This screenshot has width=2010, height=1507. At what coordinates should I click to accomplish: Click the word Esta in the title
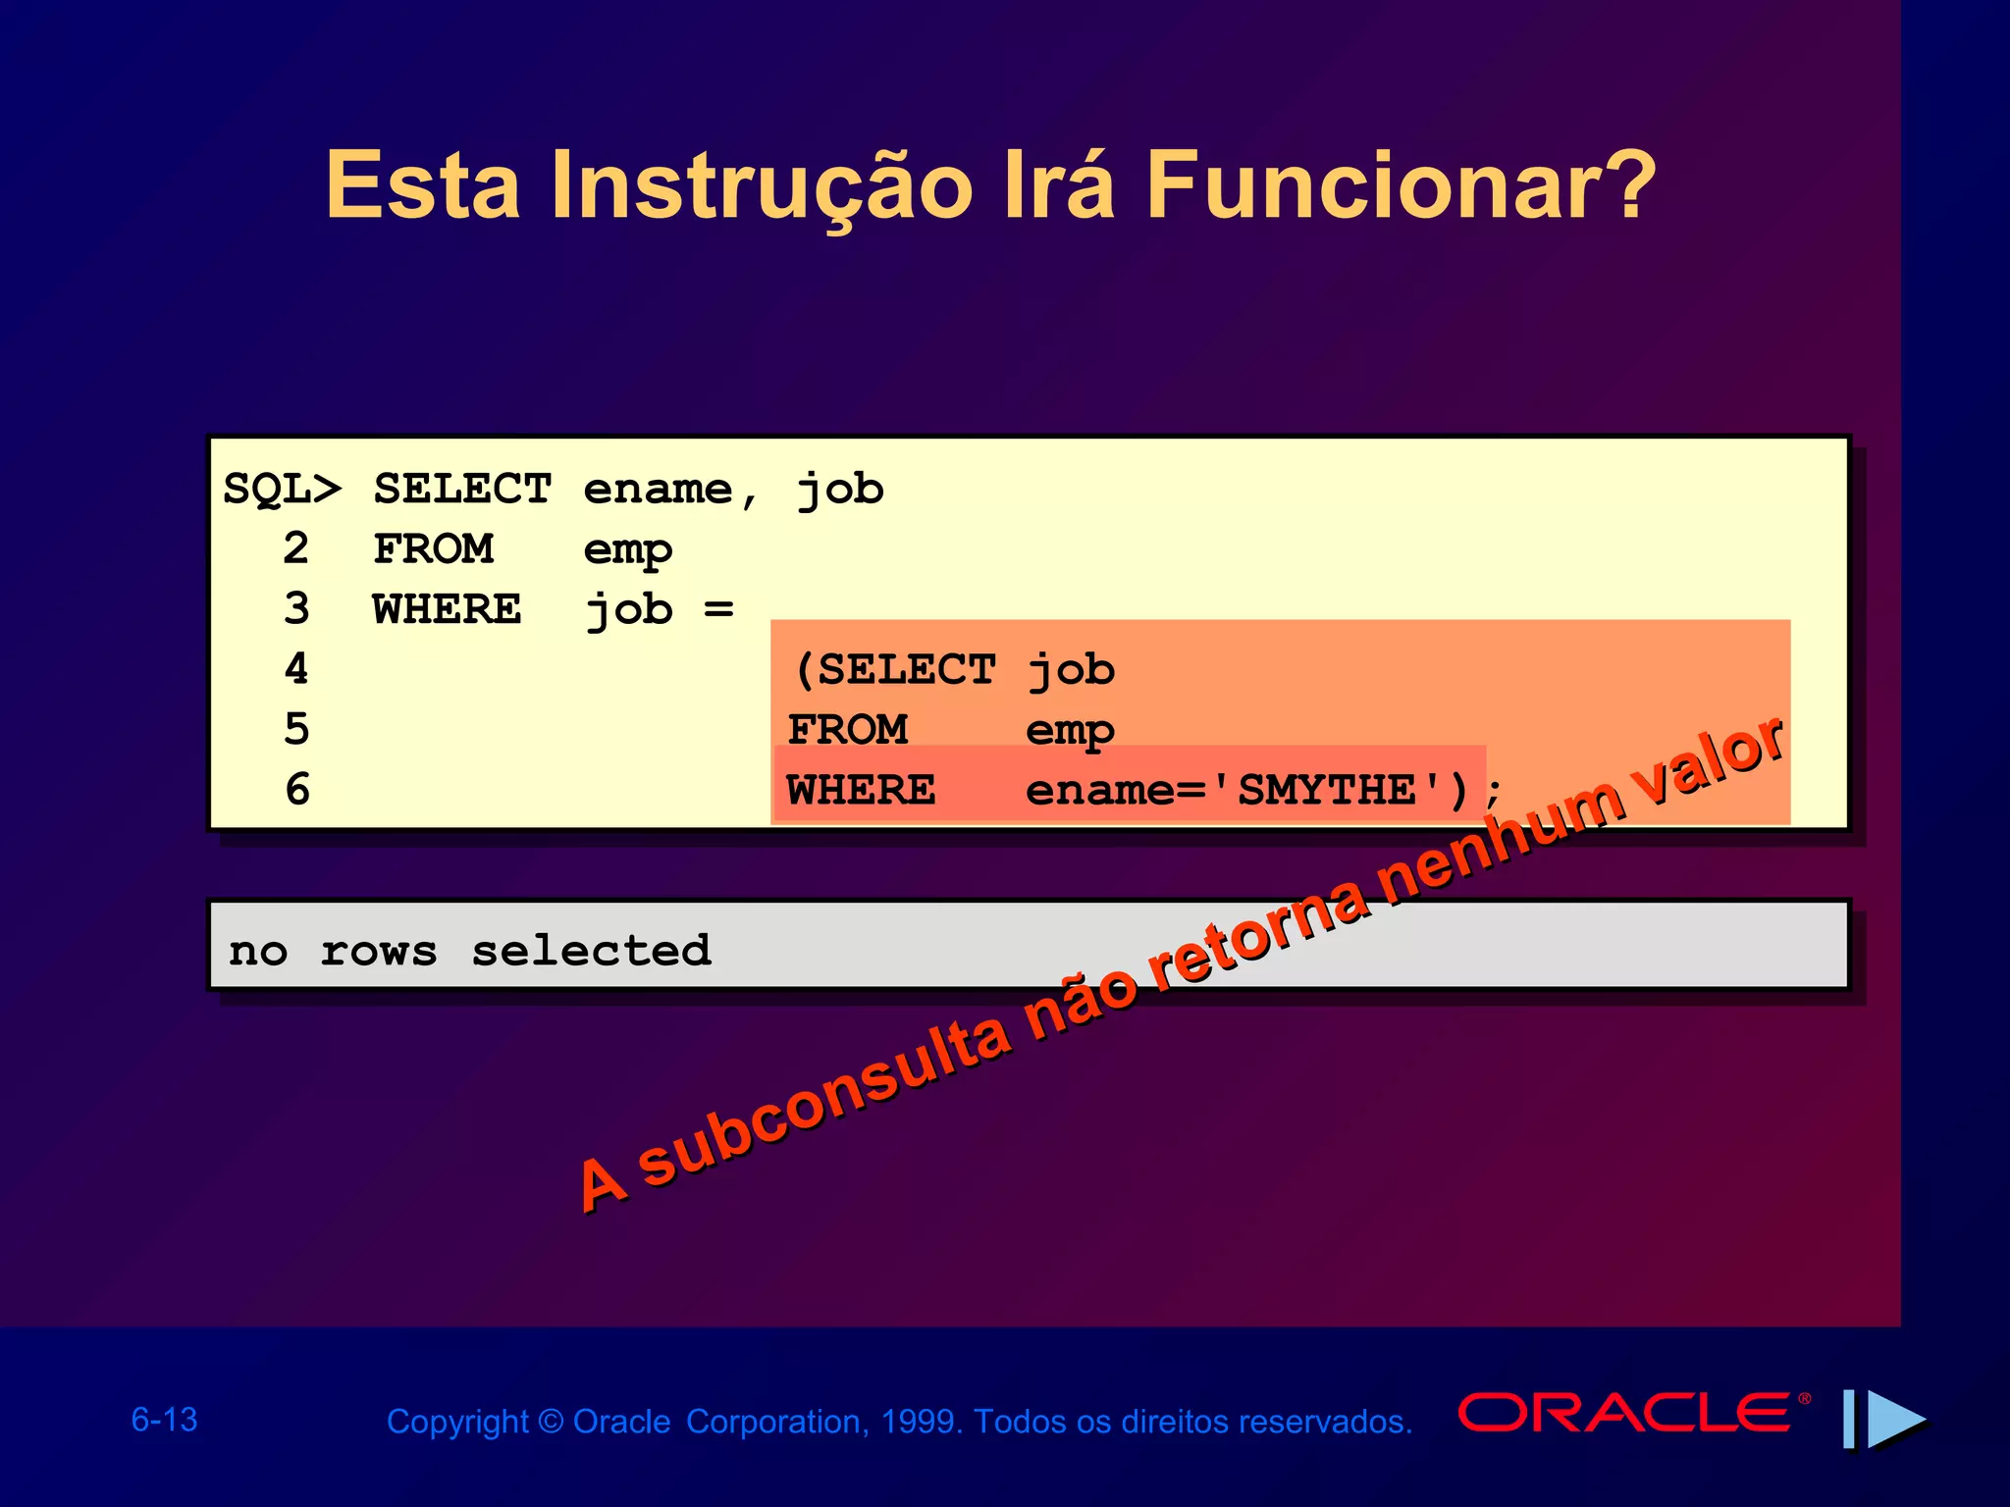click(x=423, y=185)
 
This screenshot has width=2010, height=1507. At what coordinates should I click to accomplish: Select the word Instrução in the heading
click(x=761, y=185)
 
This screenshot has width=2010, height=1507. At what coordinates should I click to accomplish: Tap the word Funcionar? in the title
click(x=1400, y=185)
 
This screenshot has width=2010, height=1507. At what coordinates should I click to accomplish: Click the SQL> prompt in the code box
click(x=283, y=489)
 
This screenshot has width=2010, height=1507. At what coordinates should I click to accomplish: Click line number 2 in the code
click(x=296, y=548)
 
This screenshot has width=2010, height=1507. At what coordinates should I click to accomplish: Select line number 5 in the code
click(x=296, y=729)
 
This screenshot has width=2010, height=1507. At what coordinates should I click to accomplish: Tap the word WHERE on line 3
click(x=447, y=609)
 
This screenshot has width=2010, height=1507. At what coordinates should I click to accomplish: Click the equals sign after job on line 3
click(x=718, y=609)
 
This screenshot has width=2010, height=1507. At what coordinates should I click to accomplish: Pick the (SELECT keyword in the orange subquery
click(x=895, y=670)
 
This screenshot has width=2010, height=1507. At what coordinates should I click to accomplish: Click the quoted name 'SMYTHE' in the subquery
click(x=1328, y=790)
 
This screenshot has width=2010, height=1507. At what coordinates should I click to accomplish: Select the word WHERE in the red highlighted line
click(x=861, y=790)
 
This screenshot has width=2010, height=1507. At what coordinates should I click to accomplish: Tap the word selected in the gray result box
click(x=591, y=951)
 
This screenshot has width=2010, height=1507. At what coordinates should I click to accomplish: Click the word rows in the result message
click(x=379, y=951)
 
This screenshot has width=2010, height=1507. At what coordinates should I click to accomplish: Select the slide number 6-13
click(x=165, y=1420)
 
